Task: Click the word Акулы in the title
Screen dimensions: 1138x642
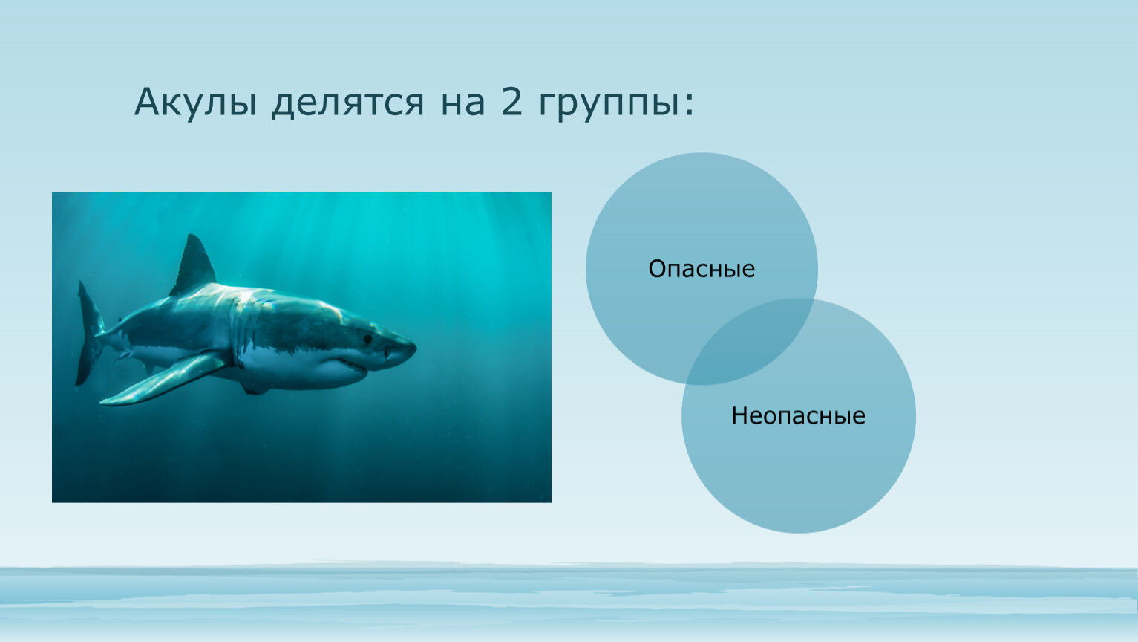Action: pos(195,103)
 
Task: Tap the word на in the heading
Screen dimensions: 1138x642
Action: pos(462,103)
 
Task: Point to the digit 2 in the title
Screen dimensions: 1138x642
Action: pos(511,101)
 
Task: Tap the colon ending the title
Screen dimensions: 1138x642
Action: pos(689,104)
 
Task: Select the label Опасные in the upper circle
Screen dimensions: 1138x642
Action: pos(702,268)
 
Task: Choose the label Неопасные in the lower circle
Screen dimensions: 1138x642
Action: pos(798,415)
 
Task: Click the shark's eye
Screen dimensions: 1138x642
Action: pos(367,338)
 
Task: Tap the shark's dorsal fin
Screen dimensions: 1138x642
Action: pos(194,264)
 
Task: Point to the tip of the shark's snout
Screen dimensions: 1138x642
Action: pos(415,348)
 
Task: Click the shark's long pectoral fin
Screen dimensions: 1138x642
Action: pos(163,379)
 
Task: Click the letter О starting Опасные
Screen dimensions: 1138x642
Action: pos(658,268)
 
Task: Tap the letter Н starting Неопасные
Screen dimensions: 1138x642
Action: pos(739,415)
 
